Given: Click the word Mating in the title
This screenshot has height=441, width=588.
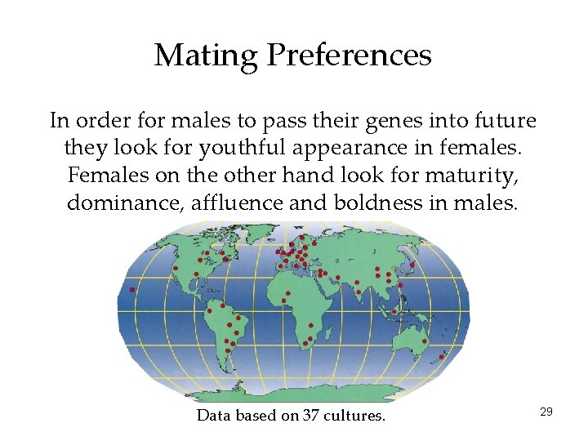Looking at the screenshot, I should (205, 56).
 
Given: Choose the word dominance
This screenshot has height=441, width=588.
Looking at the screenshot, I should (125, 203).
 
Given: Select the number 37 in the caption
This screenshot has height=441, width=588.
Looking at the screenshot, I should (310, 416).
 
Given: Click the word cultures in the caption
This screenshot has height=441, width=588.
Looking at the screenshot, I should (354, 416).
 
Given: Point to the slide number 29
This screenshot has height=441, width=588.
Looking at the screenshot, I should (546, 412).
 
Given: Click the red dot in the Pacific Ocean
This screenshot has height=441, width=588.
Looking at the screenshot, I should (132, 290).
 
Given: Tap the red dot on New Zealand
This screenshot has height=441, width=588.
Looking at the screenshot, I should (442, 357).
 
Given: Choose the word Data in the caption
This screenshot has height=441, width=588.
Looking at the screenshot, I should (214, 416).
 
